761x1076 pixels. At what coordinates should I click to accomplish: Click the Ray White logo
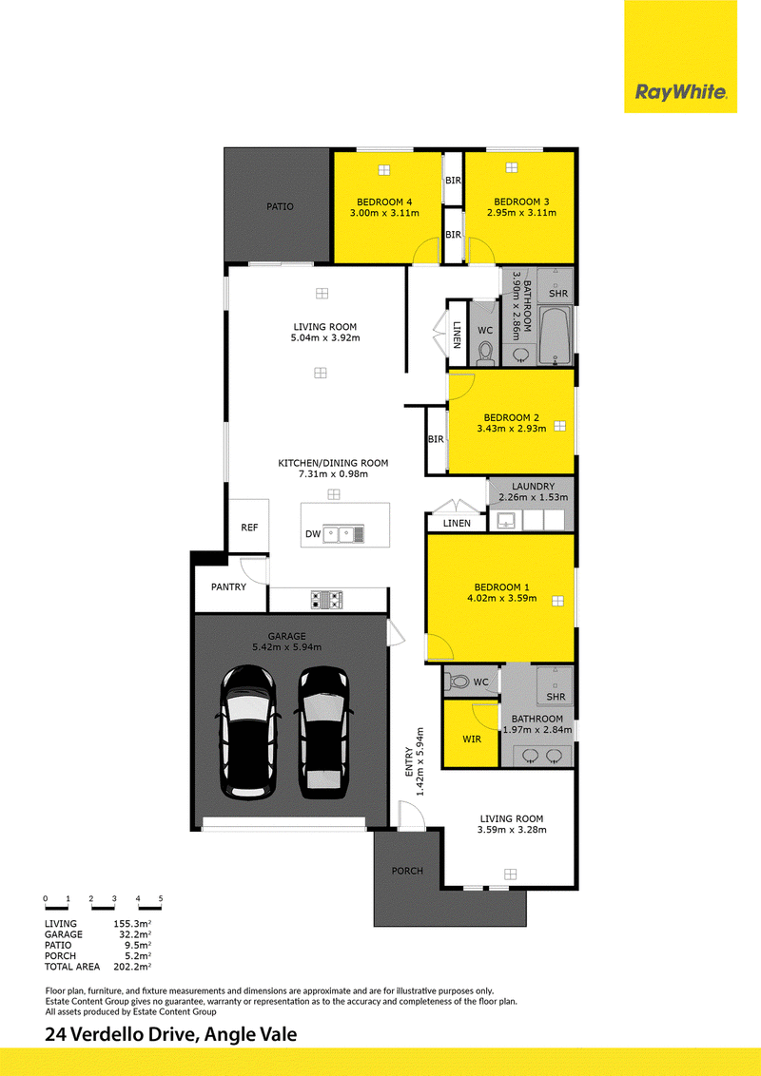tap(681, 92)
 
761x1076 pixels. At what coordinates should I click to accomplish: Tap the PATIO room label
tap(281, 206)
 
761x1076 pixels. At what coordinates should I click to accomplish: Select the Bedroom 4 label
tap(384, 202)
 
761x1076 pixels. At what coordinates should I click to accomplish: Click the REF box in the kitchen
tap(248, 527)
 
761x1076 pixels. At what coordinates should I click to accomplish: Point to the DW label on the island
tap(313, 534)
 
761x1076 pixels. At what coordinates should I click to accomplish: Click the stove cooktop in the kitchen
tap(327, 600)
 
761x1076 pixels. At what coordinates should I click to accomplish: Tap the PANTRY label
tap(228, 586)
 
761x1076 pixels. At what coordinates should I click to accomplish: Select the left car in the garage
tap(248, 732)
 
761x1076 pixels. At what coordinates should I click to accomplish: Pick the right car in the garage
tap(323, 732)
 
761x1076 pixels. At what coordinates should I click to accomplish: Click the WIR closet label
tap(472, 740)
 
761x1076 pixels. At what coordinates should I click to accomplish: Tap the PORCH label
tap(407, 871)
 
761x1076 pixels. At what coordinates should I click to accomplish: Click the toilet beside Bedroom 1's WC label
tap(457, 682)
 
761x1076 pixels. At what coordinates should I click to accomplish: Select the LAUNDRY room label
tap(533, 487)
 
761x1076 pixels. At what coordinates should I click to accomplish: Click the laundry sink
tap(505, 520)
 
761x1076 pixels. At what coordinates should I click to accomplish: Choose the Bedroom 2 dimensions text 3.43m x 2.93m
tap(512, 428)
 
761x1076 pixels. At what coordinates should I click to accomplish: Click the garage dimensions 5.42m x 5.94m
tap(287, 647)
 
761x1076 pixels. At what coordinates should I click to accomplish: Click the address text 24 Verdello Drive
tap(122, 1034)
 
